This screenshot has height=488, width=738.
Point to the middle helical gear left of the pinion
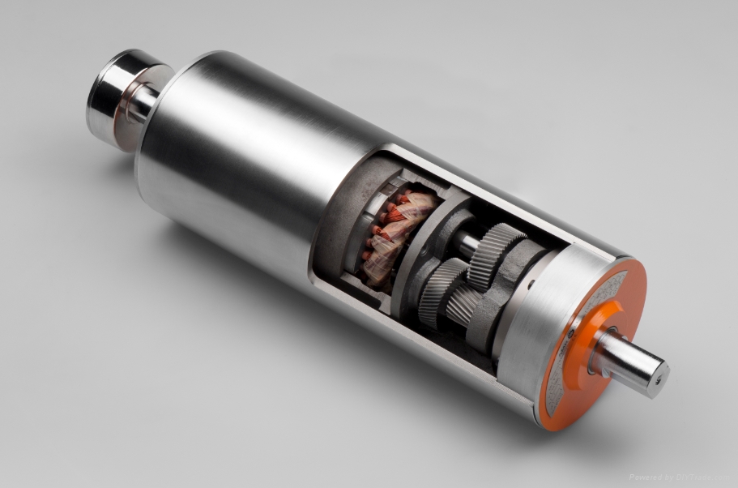[x=442, y=292]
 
